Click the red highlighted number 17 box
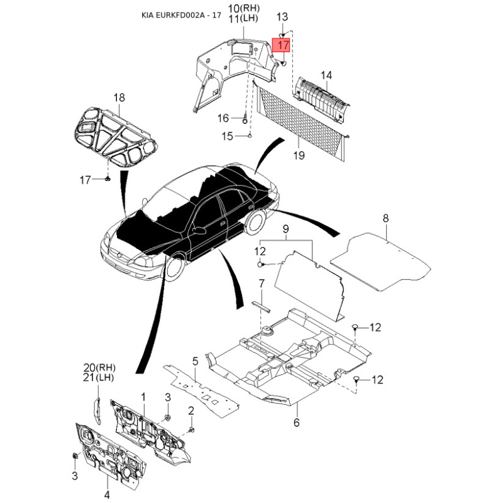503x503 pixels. [x=281, y=45]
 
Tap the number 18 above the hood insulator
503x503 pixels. [x=119, y=97]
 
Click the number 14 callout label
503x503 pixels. [x=326, y=75]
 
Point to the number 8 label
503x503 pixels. [x=385, y=218]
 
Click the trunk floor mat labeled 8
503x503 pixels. [x=380, y=262]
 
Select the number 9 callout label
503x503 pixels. [x=285, y=229]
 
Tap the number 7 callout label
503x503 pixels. [x=262, y=284]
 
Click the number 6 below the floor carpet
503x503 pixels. [x=296, y=422]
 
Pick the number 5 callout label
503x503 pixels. [x=196, y=361]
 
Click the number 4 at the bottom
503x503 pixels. [x=107, y=494]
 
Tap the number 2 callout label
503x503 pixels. [x=191, y=411]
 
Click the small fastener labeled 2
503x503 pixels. [x=192, y=429]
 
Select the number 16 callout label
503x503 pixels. [x=223, y=118]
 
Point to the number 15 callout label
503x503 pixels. [x=227, y=136]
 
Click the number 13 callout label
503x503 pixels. [x=282, y=17]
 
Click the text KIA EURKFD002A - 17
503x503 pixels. [x=181, y=15]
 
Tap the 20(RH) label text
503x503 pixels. [x=99, y=367]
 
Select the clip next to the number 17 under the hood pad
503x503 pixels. [x=108, y=179]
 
